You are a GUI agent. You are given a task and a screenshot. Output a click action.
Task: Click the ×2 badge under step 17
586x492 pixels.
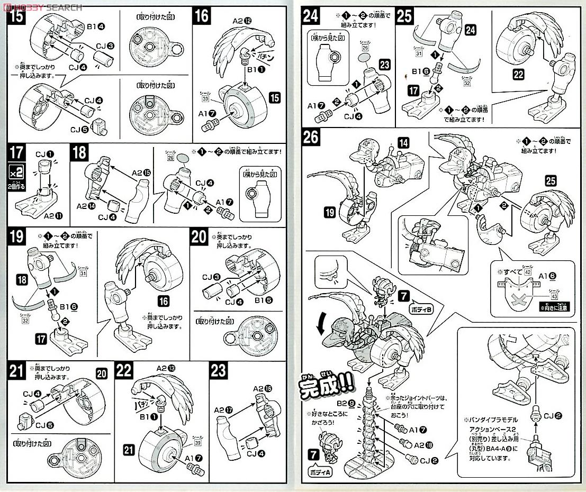(16, 172)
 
